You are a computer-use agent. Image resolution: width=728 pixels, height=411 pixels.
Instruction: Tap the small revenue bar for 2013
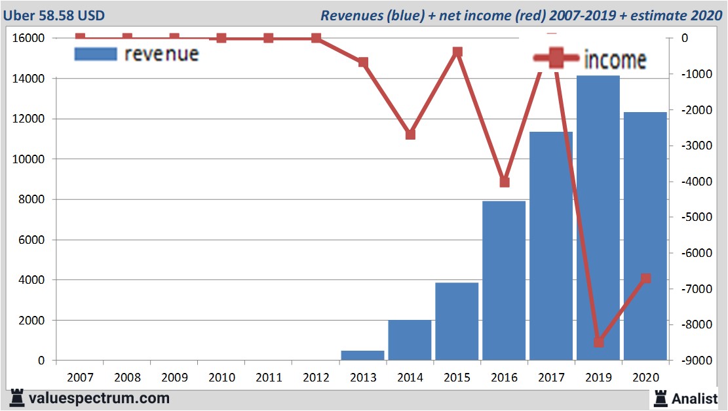point(362,355)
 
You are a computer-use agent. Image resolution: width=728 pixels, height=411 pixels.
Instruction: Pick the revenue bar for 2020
point(645,236)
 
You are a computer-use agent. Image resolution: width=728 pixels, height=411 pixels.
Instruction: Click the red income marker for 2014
point(410,134)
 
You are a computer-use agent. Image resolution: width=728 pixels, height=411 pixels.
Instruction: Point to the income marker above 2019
point(598,342)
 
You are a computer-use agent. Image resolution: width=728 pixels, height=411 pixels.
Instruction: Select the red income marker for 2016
point(504,182)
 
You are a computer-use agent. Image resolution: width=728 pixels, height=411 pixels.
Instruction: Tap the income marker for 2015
point(457,52)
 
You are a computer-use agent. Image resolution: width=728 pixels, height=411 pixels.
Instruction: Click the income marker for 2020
point(645,279)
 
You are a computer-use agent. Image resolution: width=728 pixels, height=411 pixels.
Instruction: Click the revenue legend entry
point(138,54)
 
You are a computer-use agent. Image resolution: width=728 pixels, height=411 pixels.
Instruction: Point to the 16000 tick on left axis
point(28,38)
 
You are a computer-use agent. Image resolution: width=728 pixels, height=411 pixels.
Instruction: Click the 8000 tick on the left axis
point(31,199)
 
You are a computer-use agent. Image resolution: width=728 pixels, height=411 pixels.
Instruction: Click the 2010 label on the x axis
point(221,378)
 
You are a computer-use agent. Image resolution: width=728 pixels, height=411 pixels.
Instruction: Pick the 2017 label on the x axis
point(551,378)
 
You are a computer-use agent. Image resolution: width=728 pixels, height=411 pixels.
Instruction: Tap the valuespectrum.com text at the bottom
point(98,398)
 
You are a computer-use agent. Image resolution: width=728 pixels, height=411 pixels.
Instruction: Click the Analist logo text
point(695,398)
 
